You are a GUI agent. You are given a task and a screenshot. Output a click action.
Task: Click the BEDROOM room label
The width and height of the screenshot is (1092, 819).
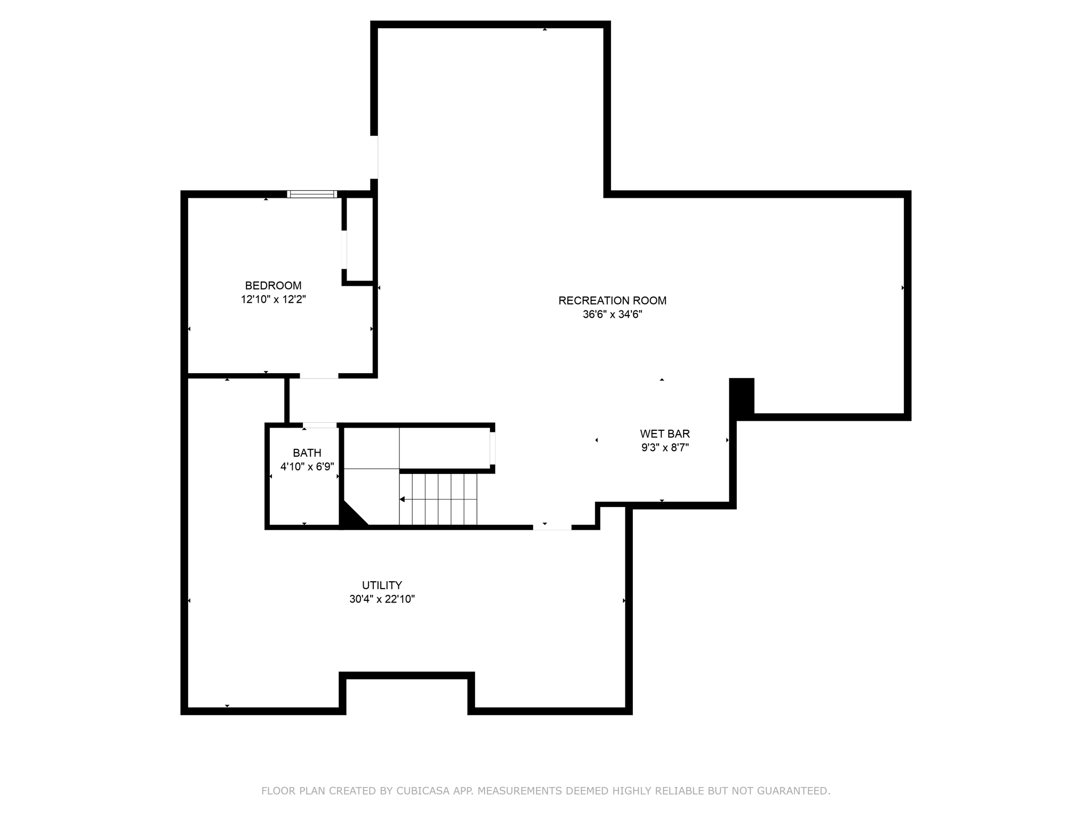(x=273, y=286)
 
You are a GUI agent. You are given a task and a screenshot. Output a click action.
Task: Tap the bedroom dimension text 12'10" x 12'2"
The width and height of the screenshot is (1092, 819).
(x=273, y=300)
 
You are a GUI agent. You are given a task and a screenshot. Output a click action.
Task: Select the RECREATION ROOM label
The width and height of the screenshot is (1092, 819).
(x=612, y=301)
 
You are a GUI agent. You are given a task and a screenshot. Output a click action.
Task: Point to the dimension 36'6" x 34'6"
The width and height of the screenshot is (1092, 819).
(x=612, y=315)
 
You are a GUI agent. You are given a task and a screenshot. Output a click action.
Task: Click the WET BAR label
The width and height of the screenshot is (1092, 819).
(x=665, y=434)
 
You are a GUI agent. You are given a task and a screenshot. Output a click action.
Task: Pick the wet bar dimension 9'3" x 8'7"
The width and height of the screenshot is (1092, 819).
(x=665, y=448)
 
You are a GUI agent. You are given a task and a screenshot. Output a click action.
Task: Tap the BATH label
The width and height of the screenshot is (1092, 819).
(x=307, y=453)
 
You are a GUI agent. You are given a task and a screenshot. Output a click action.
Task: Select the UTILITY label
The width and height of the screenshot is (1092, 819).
(x=382, y=585)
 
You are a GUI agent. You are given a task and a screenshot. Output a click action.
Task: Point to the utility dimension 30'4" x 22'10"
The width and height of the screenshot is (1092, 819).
(x=382, y=599)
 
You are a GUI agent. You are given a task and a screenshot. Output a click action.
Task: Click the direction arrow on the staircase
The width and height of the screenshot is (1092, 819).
(x=403, y=500)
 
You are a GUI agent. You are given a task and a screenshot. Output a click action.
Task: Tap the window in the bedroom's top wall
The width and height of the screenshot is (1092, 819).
(x=312, y=194)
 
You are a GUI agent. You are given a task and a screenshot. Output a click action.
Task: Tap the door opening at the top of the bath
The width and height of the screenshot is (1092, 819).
(x=320, y=425)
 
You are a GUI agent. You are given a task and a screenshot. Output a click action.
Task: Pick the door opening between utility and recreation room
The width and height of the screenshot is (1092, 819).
(x=552, y=527)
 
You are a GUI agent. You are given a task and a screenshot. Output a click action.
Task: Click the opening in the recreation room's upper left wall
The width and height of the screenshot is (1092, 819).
(x=374, y=157)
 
